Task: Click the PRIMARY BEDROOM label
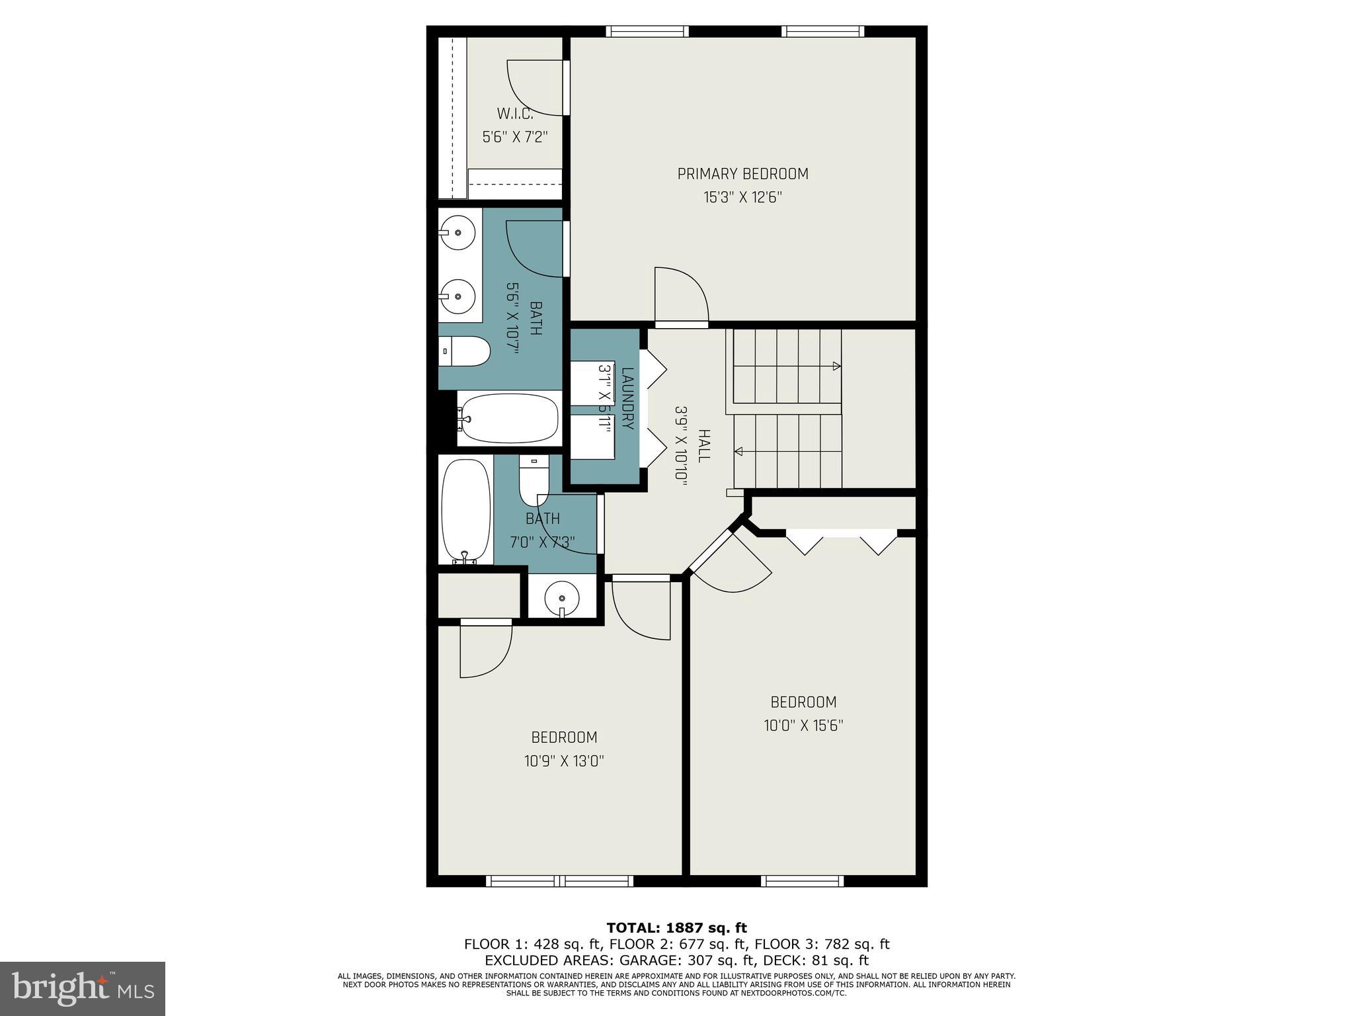coord(742,174)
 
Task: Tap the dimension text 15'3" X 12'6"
coord(742,198)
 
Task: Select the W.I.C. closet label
coord(515,113)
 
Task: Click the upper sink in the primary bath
coord(457,232)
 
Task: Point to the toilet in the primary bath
coord(464,351)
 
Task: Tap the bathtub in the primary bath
coord(508,419)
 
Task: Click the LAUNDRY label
coord(627,398)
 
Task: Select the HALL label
coord(703,445)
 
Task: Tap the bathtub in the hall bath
coord(465,511)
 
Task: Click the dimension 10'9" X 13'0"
coord(564,761)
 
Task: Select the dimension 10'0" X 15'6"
coord(803,726)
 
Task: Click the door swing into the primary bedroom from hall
coord(681,294)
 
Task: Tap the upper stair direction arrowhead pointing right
coord(836,366)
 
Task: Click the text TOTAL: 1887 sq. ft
coord(676,928)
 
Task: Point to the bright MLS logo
coord(83,989)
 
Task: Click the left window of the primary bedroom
coord(647,31)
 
